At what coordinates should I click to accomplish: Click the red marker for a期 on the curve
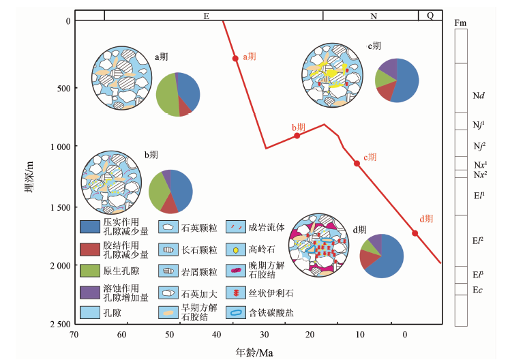pos(235,58)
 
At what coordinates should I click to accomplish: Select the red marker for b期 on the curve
pos(297,136)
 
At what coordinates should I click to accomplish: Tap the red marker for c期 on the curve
pos(357,163)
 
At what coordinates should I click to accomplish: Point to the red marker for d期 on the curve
pos(415,233)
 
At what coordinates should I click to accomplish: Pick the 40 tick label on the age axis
pos(216,335)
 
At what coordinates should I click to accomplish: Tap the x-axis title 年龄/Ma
pos(254,352)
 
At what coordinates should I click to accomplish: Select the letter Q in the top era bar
pos(430,15)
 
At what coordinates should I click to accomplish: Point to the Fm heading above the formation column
pos(460,23)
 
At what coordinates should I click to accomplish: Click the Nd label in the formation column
pos(479,95)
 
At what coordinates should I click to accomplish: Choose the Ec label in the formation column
pos(478,290)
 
